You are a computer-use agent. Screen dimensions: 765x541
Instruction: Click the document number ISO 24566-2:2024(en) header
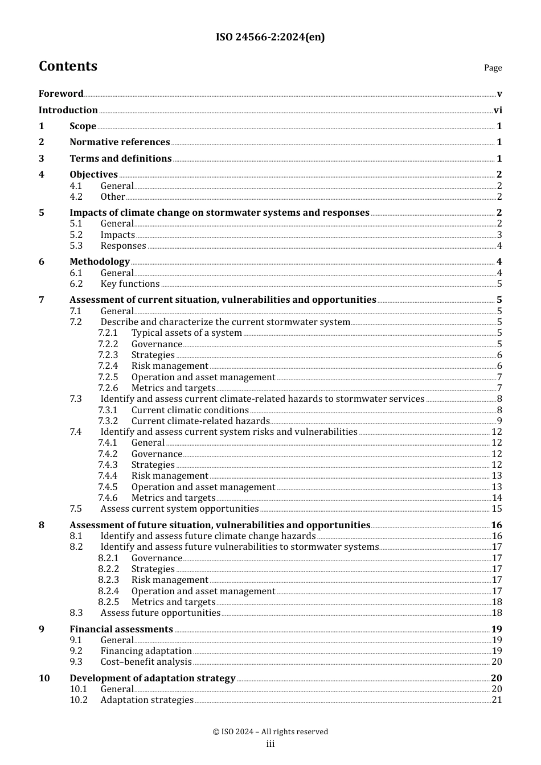click(x=270, y=37)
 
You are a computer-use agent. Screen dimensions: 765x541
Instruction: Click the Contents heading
click(x=68, y=66)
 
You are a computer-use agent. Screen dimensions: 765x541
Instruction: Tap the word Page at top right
click(x=493, y=68)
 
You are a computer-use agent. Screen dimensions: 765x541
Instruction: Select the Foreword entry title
click(x=61, y=94)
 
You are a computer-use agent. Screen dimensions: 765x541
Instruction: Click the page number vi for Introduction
click(x=498, y=110)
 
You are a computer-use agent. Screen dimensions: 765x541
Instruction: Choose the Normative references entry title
click(x=120, y=142)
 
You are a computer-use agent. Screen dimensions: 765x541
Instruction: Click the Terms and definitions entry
click(x=120, y=159)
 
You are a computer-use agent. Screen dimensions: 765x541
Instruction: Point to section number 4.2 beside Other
click(x=76, y=197)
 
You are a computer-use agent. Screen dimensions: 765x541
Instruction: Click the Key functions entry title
click(x=130, y=284)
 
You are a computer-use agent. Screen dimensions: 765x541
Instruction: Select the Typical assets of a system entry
click(x=186, y=333)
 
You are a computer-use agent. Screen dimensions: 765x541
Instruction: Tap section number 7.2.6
click(x=108, y=388)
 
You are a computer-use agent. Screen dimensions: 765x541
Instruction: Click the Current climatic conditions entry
click(x=190, y=410)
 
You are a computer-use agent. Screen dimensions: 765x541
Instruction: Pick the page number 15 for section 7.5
click(x=497, y=509)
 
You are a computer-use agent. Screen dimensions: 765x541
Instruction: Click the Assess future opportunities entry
click(x=160, y=613)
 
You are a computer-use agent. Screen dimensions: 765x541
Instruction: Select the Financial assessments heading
click(x=121, y=630)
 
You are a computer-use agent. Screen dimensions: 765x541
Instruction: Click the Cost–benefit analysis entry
click(x=146, y=662)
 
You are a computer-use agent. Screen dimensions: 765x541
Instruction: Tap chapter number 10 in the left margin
click(x=44, y=678)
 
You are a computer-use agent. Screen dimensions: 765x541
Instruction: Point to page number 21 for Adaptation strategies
click(x=497, y=700)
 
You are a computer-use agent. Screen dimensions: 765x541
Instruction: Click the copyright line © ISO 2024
click(x=270, y=732)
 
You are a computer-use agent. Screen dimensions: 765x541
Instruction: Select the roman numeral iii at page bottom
click(x=270, y=744)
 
